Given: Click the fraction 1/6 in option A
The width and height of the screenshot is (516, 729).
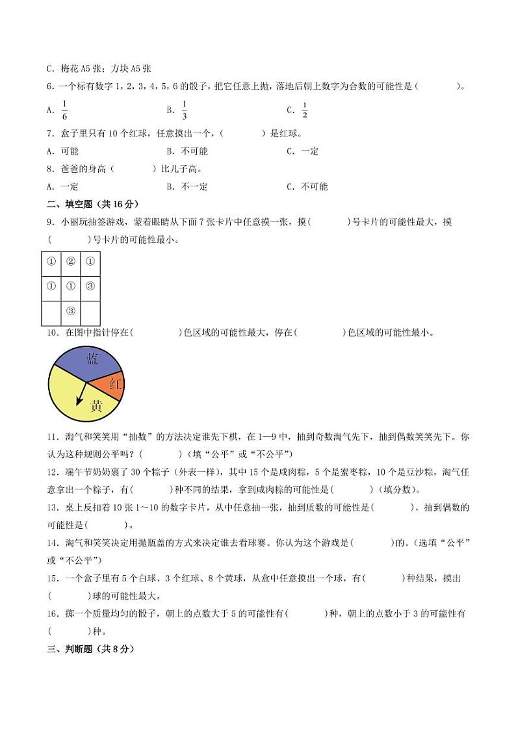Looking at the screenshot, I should (x=64, y=110).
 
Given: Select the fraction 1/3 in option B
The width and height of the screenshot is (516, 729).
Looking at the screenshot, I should (x=185, y=110).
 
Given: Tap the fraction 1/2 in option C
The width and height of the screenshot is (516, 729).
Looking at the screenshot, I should (x=304, y=110).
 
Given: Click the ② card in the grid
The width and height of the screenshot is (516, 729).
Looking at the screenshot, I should (x=71, y=262).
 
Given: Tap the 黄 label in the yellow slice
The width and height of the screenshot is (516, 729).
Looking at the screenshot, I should (x=96, y=407).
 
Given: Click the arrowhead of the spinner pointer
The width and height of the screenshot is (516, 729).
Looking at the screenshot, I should (x=78, y=402).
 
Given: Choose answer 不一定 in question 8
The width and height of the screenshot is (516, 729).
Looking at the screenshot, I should (x=194, y=186).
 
